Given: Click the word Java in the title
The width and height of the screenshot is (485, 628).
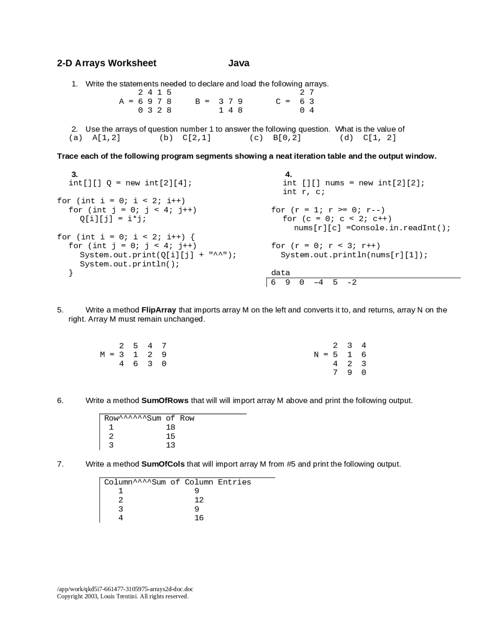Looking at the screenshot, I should [x=239, y=63].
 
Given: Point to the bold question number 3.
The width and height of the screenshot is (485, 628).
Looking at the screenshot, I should [x=75, y=174].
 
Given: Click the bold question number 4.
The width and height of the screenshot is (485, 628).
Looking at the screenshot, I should [x=288, y=174].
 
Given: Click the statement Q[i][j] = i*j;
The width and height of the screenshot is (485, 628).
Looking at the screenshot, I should [x=113, y=219].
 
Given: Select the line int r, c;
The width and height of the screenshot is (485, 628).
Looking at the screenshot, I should [x=304, y=192].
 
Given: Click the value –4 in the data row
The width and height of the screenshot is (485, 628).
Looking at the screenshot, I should [x=318, y=283].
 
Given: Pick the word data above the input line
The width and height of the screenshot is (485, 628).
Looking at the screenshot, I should [x=280, y=273].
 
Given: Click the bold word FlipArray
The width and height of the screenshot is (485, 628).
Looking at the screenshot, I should [x=158, y=310].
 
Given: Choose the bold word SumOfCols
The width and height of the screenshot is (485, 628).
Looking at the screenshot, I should [x=163, y=464].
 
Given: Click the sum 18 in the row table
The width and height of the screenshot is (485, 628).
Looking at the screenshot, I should [x=171, y=427].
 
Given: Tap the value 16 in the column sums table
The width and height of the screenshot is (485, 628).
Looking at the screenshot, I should [x=199, y=518].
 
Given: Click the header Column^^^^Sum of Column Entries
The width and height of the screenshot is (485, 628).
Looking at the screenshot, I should [x=177, y=482].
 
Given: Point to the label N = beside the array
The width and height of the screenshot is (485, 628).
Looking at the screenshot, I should [x=321, y=355].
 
